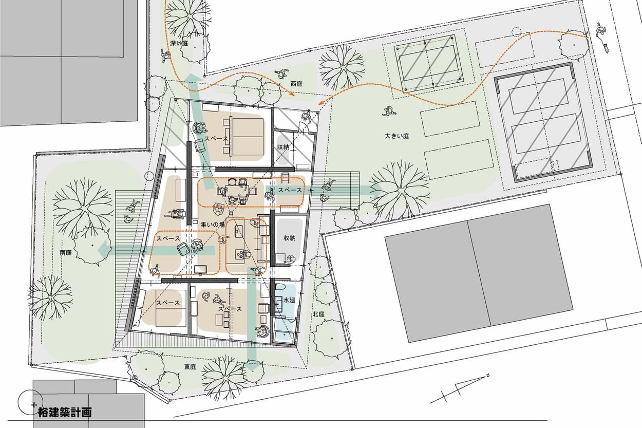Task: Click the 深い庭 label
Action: click(x=179, y=43)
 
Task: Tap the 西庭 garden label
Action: click(x=296, y=84)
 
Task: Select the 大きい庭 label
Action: click(x=396, y=136)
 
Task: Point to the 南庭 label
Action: click(x=66, y=253)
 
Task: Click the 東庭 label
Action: click(x=190, y=367)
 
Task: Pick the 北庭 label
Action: click(x=318, y=314)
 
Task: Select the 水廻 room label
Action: click(x=289, y=300)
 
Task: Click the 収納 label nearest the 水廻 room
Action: click(x=290, y=238)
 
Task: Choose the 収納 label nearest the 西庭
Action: click(x=283, y=147)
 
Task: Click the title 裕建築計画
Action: click(x=65, y=413)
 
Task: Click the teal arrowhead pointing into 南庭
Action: click(x=104, y=250)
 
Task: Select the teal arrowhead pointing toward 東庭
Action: click(x=252, y=365)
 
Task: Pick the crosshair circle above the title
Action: click(x=30, y=402)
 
